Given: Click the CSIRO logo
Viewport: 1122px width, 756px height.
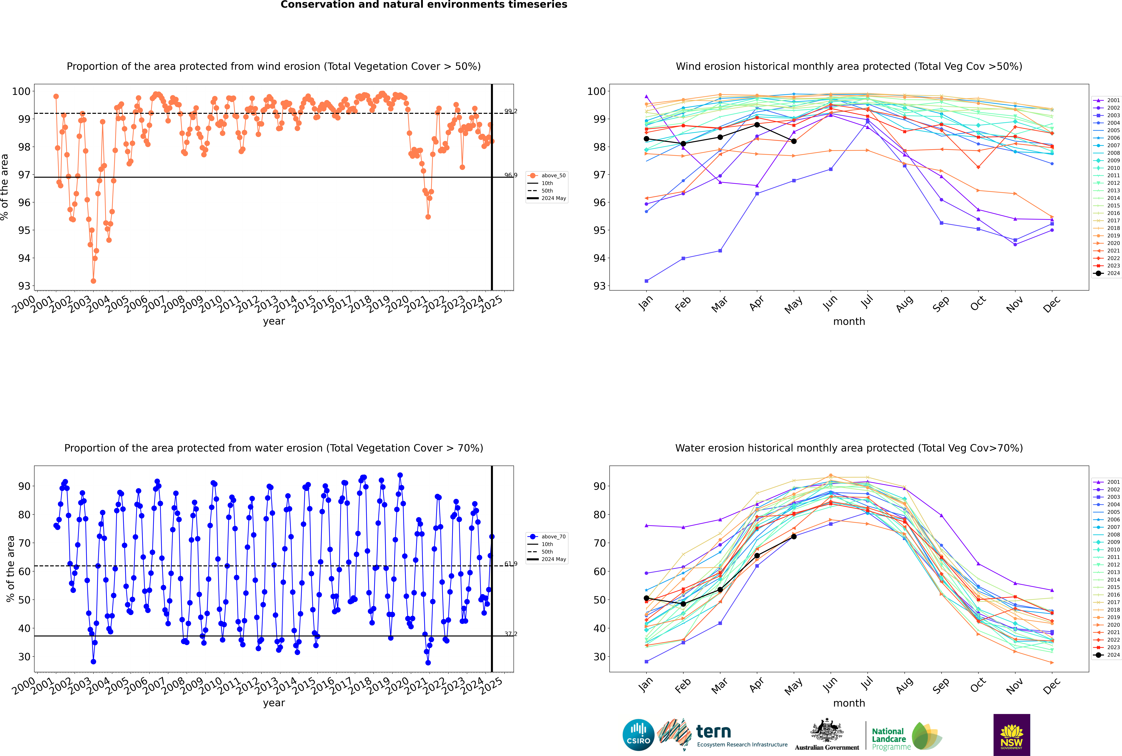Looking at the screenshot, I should (x=638, y=735).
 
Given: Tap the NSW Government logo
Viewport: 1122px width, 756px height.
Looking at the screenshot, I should (x=1012, y=734).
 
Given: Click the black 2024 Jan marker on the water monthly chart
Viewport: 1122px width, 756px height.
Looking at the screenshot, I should (x=646, y=598).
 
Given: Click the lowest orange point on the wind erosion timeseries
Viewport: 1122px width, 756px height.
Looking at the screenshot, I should (x=93, y=281).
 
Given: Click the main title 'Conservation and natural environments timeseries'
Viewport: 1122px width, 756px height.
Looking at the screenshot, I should (x=424, y=5).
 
